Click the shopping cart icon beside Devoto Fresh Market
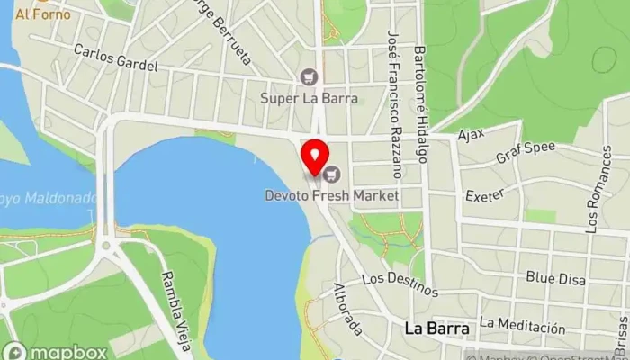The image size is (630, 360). point(334,174)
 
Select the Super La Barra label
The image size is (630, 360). point(310,97)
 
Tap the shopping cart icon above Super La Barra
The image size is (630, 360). point(310,77)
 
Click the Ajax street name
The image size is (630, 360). point(471,135)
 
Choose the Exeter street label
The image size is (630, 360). point(483,194)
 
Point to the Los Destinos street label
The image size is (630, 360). point(400,284)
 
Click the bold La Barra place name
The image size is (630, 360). point(436,328)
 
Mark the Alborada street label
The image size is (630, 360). point(347,310)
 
